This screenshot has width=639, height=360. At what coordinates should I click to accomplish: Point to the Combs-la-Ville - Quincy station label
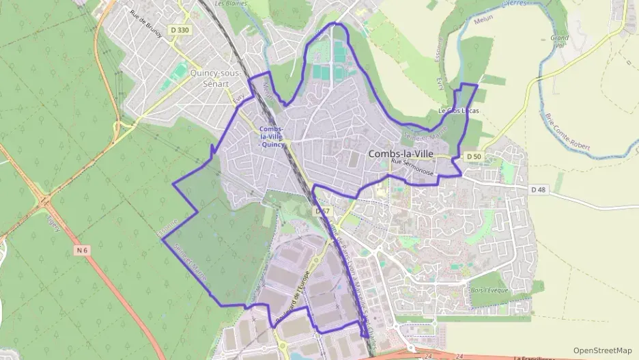point(272,137)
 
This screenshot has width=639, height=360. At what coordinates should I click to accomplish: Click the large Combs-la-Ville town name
point(401,154)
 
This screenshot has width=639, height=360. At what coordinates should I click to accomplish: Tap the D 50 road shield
point(474,157)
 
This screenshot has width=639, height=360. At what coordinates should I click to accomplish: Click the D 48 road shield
point(539,189)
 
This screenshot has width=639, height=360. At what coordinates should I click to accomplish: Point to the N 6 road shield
point(83,251)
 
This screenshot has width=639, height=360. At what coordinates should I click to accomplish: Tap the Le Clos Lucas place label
point(459,111)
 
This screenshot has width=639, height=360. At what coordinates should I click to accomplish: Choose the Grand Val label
point(559,42)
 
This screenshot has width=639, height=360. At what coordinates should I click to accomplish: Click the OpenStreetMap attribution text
point(602,350)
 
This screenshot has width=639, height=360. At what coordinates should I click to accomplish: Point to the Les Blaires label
point(230,3)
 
